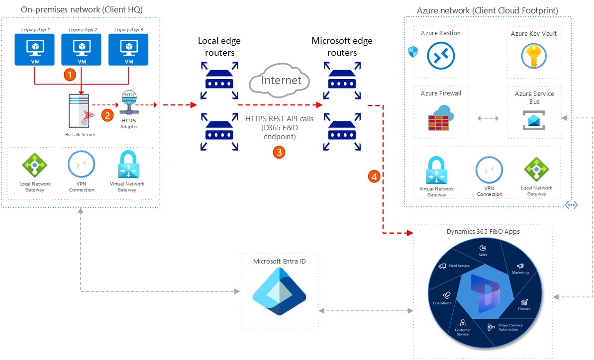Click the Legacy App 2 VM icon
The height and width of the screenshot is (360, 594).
[x=82, y=50]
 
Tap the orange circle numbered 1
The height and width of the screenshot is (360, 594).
[x=70, y=75]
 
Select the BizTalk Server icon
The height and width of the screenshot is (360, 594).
[x=81, y=110]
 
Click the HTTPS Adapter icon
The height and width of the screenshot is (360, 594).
[x=129, y=102]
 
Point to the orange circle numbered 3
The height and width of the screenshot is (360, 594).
[x=279, y=152]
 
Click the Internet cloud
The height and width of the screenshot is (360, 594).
[x=280, y=80]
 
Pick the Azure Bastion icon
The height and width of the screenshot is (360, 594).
[x=441, y=56]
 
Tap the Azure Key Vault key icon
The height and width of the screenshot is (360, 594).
[x=533, y=56]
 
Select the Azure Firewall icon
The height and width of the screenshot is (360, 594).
[x=441, y=118]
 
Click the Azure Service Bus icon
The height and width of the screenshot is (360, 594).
[x=534, y=120]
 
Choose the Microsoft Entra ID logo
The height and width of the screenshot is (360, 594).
[x=279, y=291]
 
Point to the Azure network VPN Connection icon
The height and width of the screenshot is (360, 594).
[x=489, y=170]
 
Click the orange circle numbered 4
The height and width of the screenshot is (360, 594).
[x=374, y=177]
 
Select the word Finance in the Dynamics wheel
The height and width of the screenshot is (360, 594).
[x=524, y=309]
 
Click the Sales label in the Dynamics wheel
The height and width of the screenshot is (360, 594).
[x=483, y=255]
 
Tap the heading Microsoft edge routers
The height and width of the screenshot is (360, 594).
[x=342, y=47]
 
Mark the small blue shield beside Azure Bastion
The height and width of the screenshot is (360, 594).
[x=413, y=52]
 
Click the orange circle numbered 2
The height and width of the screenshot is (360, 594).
[x=107, y=115]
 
